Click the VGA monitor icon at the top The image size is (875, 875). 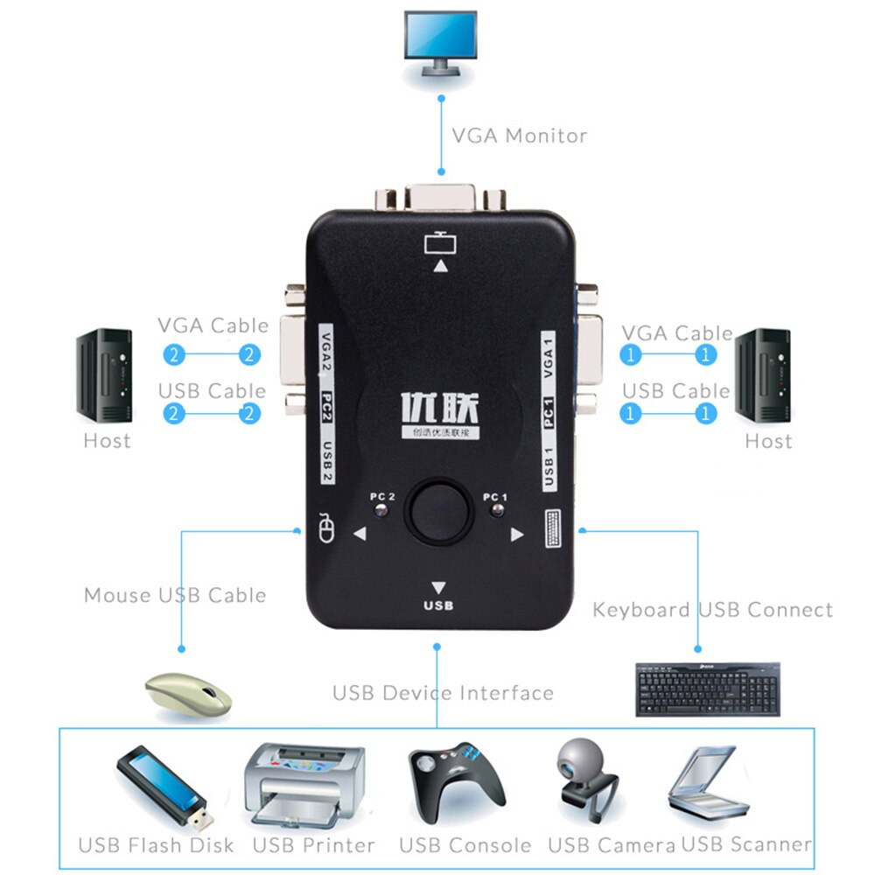coord(440,44)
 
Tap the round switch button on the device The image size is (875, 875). coord(438,510)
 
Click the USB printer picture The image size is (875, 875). coord(302,786)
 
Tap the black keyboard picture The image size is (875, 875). coord(707,689)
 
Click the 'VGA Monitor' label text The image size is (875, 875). coord(519,136)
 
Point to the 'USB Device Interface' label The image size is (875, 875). coord(443,693)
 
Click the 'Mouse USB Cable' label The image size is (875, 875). coord(175,595)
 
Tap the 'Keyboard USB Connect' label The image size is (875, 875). coord(712,609)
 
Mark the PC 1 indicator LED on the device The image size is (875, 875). coord(496,511)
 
